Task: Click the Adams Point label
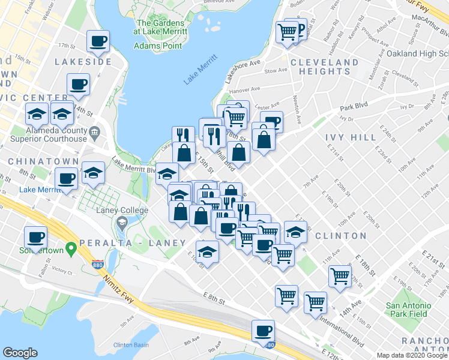158,46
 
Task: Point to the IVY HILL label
351,137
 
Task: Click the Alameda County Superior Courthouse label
49,135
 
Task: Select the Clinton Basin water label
131,345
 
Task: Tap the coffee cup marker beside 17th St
98,41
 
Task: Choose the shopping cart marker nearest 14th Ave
340,276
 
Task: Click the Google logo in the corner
20,353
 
